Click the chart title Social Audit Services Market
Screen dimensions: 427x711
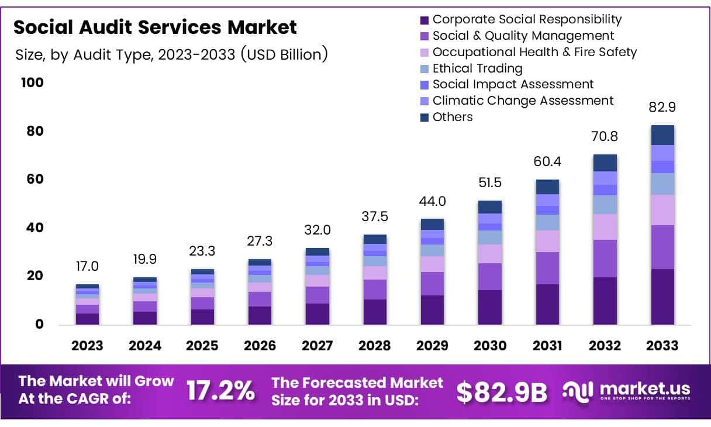[155, 27]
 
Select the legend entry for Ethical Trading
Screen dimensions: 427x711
[477, 68]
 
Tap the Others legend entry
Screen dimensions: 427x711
[452, 117]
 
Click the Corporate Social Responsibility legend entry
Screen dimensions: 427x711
[527, 19]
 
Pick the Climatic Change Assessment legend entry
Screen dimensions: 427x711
[523, 101]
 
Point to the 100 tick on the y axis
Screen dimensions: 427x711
[32, 82]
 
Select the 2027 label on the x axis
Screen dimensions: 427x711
[317, 346]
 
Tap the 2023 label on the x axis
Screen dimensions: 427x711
[87, 346]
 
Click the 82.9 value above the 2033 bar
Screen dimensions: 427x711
[662, 108]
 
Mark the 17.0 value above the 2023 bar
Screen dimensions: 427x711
[87, 267]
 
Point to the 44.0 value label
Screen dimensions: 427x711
[432, 201]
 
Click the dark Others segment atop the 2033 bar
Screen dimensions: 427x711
[662, 135]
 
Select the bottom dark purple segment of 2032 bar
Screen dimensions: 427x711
[605, 301]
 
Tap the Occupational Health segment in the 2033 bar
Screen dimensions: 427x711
[662, 210]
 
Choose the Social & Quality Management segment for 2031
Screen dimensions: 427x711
[547, 268]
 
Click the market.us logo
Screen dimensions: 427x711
[627, 390]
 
